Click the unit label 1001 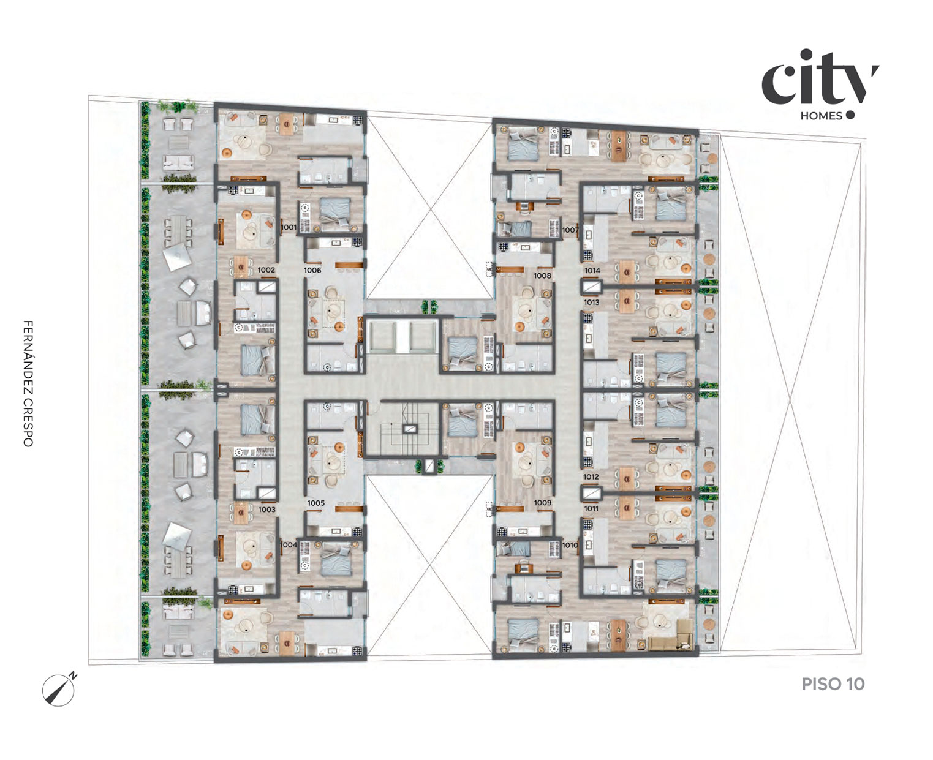[x=289, y=227]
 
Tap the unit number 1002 [x=266, y=270]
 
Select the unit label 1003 [x=266, y=510]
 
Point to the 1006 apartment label [x=312, y=271]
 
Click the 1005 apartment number [x=316, y=503]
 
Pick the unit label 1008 [x=542, y=276]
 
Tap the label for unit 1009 [x=543, y=503]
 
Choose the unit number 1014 [x=592, y=271]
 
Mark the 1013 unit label [x=591, y=303]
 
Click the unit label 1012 [x=591, y=476]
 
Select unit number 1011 [x=591, y=509]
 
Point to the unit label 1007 [x=570, y=230]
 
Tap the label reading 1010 [x=570, y=546]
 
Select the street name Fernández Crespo [x=28, y=383]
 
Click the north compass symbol [x=59, y=690]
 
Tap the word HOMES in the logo [x=822, y=116]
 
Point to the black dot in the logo [x=850, y=115]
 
